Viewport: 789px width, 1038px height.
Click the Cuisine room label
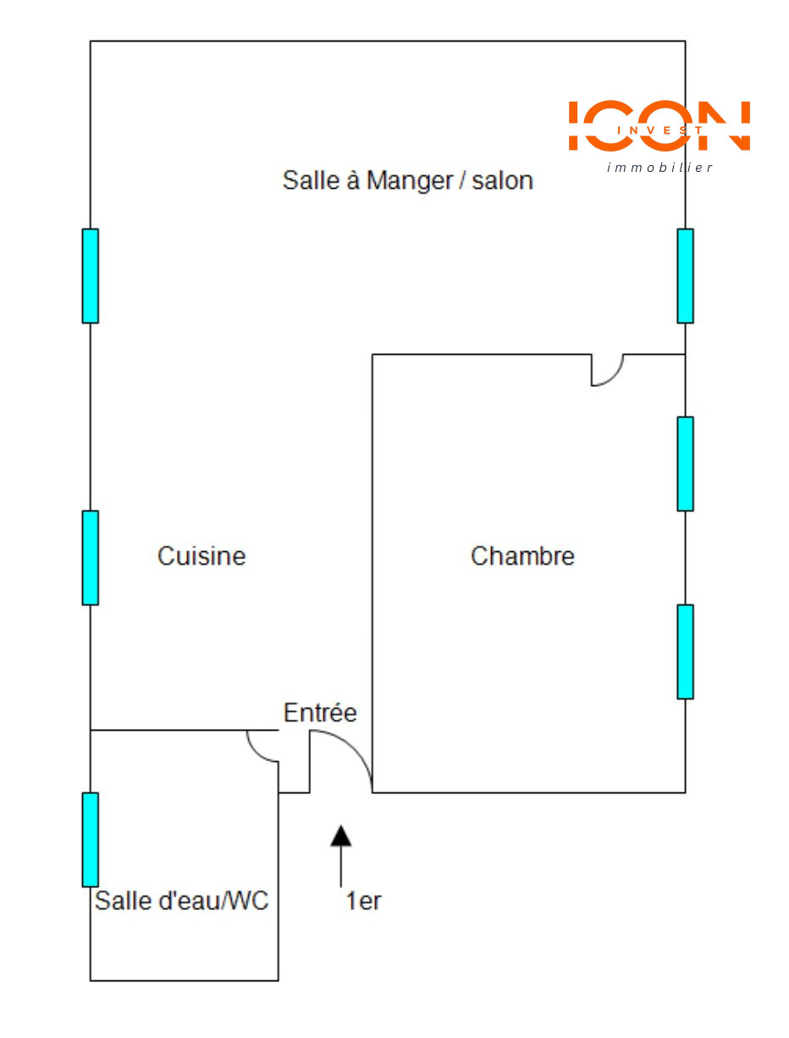point(201,555)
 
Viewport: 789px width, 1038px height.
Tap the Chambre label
point(521,555)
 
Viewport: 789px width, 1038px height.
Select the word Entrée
point(319,712)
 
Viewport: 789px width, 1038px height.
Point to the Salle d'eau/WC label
point(181,900)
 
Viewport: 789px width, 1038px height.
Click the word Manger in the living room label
point(410,181)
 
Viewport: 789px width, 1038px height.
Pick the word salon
point(502,181)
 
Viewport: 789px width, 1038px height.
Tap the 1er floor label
point(362,901)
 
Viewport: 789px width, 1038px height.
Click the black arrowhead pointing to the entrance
point(340,836)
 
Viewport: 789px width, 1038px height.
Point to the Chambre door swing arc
point(615,377)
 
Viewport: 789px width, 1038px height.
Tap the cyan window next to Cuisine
point(91,558)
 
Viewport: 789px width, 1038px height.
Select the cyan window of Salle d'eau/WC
point(91,839)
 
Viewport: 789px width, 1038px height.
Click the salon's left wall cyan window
point(91,276)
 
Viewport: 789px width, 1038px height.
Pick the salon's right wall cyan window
point(685,276)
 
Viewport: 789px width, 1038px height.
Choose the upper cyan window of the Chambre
point(685,464)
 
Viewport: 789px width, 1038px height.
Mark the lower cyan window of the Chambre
point(685,652)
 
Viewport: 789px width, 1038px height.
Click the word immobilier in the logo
point(659,167)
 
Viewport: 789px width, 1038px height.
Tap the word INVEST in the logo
point(659,130)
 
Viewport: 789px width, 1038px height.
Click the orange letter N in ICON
point(724,125)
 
